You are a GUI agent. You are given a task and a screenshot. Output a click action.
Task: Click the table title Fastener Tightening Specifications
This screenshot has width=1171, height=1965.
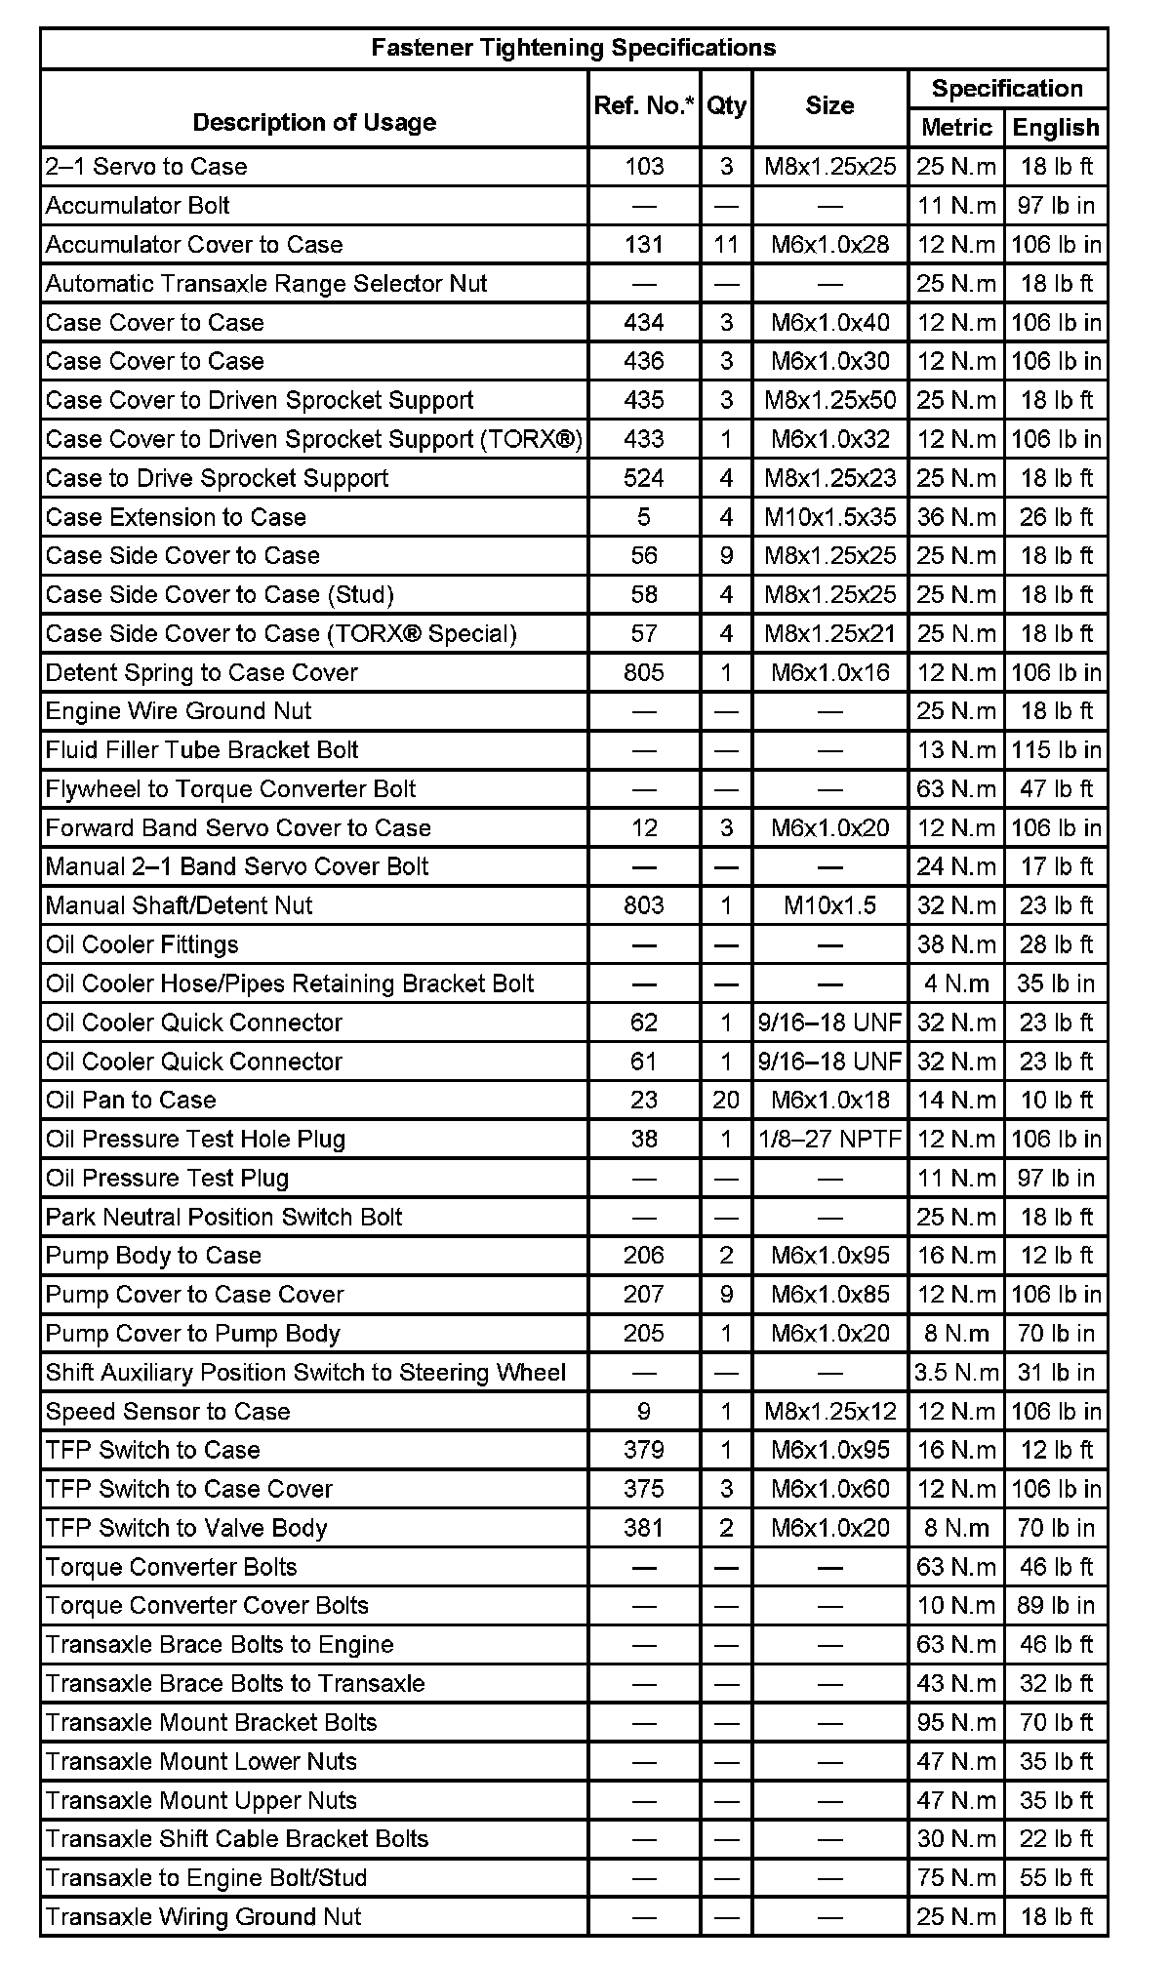574,48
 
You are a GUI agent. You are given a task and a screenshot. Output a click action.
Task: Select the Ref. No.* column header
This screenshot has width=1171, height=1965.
644,105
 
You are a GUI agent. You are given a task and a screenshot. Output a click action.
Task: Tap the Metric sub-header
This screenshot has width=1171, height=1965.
956,127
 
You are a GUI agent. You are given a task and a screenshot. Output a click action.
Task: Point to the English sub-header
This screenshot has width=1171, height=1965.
1056,127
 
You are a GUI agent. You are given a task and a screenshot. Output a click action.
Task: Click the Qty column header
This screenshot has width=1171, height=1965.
726,105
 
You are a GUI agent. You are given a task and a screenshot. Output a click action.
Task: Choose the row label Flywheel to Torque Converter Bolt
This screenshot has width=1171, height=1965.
230,788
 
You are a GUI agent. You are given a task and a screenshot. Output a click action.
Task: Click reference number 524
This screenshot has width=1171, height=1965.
644,478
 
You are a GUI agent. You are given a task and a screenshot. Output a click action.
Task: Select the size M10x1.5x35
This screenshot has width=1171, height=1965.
829,517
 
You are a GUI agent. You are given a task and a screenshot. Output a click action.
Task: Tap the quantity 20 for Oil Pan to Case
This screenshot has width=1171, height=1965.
726,1100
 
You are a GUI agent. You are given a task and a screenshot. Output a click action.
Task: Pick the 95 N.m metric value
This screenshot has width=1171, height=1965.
956,1722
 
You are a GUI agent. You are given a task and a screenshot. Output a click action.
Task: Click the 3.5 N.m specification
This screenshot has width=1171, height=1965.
956,1372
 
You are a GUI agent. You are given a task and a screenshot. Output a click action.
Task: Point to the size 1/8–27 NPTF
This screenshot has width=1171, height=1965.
829,1139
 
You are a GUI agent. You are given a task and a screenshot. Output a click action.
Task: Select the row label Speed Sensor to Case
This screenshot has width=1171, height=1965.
168,1411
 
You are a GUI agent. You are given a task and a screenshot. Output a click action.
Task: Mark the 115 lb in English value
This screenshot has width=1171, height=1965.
1056,749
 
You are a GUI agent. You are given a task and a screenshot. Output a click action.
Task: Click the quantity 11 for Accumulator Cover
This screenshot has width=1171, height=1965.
726,244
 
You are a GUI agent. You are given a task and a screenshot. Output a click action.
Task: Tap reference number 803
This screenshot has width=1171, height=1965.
644,905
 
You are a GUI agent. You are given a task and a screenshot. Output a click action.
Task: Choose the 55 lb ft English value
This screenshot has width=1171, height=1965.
1056,1877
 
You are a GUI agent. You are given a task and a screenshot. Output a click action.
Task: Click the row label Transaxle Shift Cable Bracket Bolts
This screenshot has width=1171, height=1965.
237,1839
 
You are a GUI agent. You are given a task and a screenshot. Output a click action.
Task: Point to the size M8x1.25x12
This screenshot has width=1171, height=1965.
829,1411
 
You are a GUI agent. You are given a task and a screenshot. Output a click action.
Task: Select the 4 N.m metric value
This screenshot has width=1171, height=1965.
956,983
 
